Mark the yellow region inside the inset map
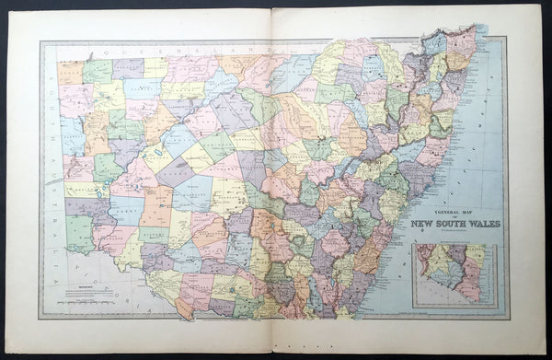(x=476, y=256)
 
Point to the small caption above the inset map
(x=455, y=242)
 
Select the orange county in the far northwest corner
(x=70, y=73)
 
